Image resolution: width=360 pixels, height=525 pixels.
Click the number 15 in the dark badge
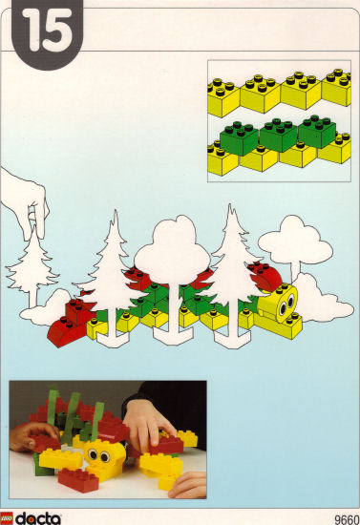pos(47,31)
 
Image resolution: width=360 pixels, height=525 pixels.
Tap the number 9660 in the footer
pos(347,519)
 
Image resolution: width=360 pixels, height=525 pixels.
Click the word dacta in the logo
pos(38,518)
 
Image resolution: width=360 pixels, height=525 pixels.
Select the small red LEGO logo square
pos(7,518)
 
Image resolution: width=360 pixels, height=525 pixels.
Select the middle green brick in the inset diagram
pos(279,135)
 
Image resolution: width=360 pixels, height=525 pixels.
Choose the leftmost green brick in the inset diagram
pos(239,138)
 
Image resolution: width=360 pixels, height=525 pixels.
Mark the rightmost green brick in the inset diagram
pos(317,132)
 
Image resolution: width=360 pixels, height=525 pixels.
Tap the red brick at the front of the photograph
pos(78,480)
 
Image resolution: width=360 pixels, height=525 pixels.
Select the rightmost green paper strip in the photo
pos(96,420)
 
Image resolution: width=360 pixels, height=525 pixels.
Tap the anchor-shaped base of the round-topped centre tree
pos(173,335)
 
